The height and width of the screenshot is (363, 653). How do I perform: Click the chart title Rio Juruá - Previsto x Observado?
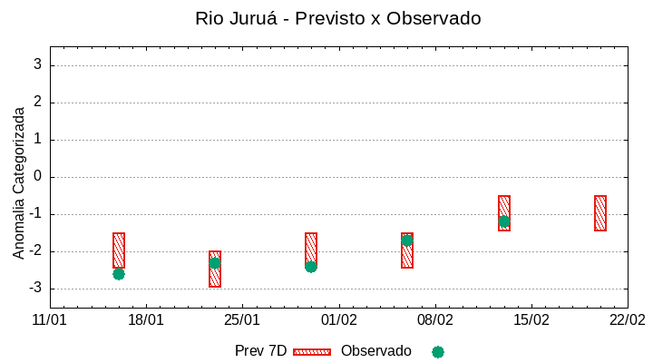tap(337, 18)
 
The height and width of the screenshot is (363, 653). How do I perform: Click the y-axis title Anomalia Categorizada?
tap(19, 182)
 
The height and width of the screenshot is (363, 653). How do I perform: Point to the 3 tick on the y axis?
tap(37, 65)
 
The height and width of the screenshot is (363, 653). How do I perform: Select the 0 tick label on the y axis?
tap(37, 177)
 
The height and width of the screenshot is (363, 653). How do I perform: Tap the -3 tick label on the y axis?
tap(34, 289)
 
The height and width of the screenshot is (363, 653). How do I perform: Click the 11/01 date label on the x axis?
tap(50, 320)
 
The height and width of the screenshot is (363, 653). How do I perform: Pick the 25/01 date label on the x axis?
tap(242, 320)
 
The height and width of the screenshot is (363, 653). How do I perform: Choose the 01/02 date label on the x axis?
tap(338, 320)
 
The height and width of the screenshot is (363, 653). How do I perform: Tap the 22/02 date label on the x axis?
tap(627, 320)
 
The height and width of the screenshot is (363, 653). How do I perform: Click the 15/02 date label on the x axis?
tap(531, 320)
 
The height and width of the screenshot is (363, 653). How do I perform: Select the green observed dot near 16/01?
tap(119, 273)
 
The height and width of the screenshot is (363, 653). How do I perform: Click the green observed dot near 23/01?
tap(215, 263)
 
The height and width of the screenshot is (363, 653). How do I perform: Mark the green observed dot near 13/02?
tap(503, 221)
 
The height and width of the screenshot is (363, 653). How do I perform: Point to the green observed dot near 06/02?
tap(407, 240)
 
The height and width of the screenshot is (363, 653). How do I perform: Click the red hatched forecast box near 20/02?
tap(600, 213)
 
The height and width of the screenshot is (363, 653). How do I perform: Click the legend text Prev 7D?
tap(260, 351)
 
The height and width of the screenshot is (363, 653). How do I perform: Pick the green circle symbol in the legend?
tap(438, 352)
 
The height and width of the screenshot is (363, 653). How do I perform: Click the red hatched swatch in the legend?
tap(312, 352)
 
